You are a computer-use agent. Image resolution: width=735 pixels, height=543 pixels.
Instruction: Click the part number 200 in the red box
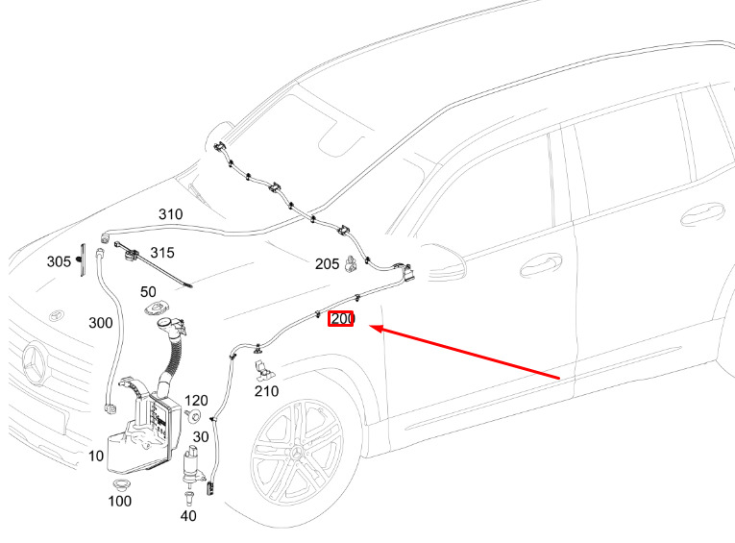[x=341, y=318]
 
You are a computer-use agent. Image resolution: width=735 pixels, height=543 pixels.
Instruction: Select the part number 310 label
[x=170, y=214]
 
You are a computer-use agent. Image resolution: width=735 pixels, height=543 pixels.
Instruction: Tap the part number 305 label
[x=59, y=261]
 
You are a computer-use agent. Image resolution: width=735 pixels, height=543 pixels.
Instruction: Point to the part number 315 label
[x=161, y=253]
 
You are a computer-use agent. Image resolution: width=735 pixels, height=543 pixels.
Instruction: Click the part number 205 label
[x=327, y=263]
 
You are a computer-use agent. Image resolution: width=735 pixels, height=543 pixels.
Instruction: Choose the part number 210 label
[x=266, y=391]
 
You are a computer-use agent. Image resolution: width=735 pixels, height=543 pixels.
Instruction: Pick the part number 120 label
[x=196, y=400]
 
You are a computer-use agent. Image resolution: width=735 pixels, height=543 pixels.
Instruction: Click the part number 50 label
[x=149, y=292]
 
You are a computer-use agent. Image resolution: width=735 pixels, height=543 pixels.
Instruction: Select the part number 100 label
[x=119, y=501]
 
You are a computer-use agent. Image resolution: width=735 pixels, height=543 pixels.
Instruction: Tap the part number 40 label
[x=188, y=516]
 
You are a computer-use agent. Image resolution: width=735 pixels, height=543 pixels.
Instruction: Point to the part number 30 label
[x=200, y=436]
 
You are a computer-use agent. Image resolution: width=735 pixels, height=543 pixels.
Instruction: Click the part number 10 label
[x=97, y=456]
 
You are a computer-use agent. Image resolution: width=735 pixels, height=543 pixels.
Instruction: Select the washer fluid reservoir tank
[x=144, y=428]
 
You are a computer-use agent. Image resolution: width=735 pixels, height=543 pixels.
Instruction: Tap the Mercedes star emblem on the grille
[x=38, y=365]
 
